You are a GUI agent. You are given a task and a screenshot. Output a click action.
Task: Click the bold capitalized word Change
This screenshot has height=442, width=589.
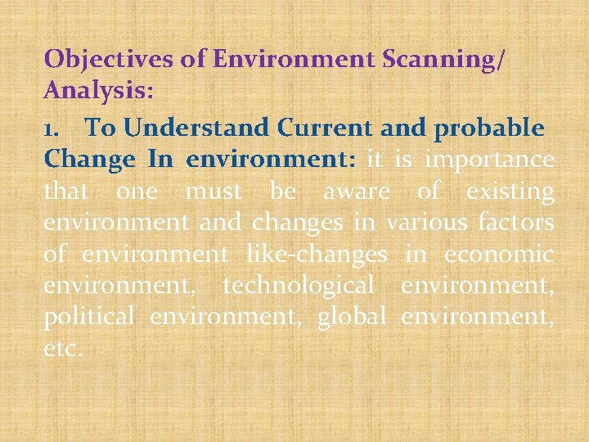89,159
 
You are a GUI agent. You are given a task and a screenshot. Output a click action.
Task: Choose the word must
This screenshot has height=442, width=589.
214,191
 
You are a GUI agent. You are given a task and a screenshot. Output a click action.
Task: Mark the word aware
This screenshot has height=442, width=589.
357,191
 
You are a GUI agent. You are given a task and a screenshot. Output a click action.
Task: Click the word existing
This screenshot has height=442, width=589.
510,191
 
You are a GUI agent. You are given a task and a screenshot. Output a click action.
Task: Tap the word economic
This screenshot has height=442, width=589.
499,254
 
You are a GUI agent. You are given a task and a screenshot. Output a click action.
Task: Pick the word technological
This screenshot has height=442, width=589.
298,286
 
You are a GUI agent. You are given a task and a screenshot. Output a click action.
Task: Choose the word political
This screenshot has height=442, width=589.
88,317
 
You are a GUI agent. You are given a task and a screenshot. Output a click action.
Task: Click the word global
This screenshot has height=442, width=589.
351,317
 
